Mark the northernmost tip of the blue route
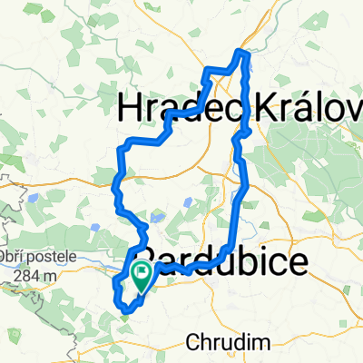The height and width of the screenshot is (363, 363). click(241, 52)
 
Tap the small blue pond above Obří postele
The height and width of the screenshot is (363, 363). click(33, 195)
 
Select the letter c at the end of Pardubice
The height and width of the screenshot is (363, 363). click(281, 260)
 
